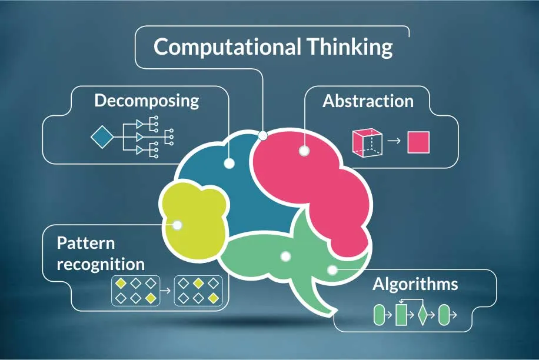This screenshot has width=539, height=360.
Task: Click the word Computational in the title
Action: (x=228, y=46)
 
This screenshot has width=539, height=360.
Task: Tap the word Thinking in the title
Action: (x=350, y=48)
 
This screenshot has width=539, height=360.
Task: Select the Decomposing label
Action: (x=147, y=101)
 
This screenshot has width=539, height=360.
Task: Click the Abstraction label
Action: (x=368, y=101)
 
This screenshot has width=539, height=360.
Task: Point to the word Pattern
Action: (x=86, y=243)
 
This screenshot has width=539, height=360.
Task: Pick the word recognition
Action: (x=101, y=265)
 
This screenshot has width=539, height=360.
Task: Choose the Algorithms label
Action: (x=415, y=284)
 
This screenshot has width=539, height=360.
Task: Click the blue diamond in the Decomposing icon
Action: (x=102, y=137)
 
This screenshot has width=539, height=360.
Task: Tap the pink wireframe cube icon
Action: (x=367, y=142)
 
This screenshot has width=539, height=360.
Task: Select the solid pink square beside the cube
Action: (x=418, y=142)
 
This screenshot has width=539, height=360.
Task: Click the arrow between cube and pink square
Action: (x=394, y=141)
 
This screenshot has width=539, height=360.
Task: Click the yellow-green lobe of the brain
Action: (x=194, y=220)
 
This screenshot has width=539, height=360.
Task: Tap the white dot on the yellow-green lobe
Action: (x=177, y=225)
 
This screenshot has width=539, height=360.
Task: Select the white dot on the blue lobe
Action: (x=229, y=163)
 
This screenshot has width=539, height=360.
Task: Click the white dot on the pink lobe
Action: (x=304, y=151)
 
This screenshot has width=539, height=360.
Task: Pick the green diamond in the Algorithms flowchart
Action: (x=422, y=314)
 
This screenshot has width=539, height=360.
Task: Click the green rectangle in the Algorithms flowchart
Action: (x=401, y=314)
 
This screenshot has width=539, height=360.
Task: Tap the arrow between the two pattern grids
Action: (x=165, y=291)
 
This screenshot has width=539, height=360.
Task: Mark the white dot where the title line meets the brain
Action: (x=262, y=136)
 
